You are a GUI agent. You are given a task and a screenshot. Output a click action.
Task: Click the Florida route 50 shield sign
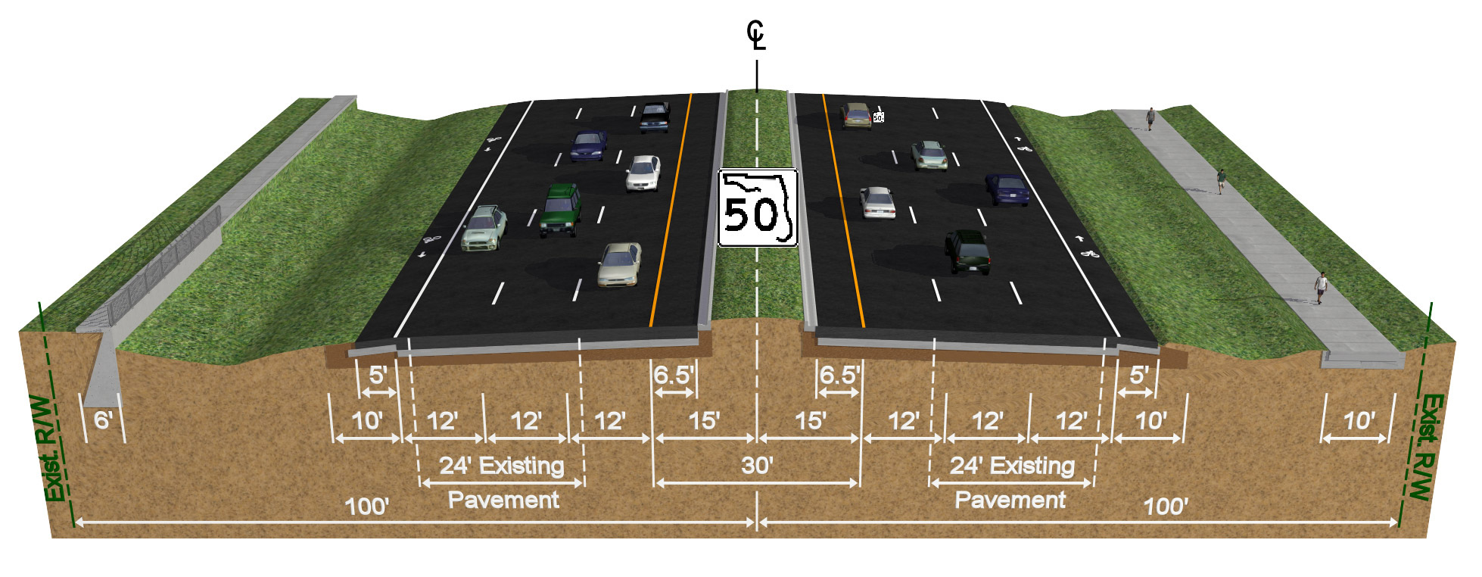(x=758, y=208)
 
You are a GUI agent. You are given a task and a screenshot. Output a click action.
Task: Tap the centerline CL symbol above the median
(x=756, y=36)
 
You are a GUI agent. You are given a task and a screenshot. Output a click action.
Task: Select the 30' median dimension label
(x=757, y=465)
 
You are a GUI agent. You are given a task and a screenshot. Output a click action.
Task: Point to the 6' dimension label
(x=104, y=420)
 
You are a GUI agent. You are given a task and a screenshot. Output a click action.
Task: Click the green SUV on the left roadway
(x=561, y=209)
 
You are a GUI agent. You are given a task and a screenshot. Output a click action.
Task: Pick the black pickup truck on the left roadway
(x=655, y=117)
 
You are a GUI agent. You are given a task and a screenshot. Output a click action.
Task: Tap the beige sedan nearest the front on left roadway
(x=619, y=264)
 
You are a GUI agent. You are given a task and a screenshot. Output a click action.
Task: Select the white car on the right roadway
(x=877, y=202)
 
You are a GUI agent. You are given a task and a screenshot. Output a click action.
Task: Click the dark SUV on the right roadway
(x=967, y=251)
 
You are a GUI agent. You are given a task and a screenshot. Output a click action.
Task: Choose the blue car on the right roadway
(x=1007, y=189)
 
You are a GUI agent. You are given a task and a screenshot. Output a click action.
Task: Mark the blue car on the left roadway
(x=588, y=145)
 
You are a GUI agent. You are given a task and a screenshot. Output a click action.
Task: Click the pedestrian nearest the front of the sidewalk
(x=1321, y=287)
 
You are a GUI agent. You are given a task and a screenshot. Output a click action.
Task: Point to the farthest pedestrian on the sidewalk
(x=1150, y=118)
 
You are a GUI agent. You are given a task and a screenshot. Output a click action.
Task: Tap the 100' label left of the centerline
(x=367, y=507)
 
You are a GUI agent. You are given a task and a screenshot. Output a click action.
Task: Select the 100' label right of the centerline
(x=1166, y=507)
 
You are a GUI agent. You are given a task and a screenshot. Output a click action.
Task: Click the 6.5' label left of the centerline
(x=673, y=375)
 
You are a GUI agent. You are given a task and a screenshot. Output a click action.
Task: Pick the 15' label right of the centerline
(x=810, y=421)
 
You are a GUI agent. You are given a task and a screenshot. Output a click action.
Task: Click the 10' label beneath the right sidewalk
(x=1359, y=421)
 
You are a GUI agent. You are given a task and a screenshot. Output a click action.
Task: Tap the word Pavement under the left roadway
(x=503, y=500)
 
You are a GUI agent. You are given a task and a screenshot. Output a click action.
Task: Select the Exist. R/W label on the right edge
(x=1426, y=447)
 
